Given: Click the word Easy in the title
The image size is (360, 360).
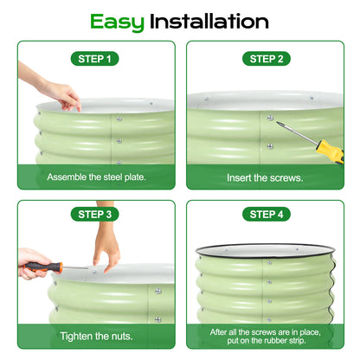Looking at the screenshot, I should point(118,21).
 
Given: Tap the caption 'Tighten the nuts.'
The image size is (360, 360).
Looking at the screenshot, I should point(95,335).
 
